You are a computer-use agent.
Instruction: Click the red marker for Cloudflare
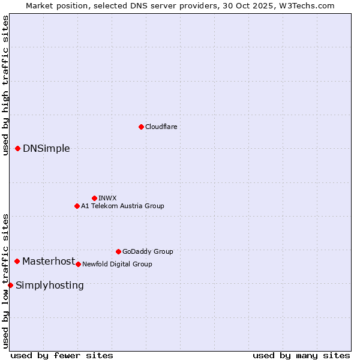[141, 127]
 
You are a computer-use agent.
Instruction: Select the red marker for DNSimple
[17, 148]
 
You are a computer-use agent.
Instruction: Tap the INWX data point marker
[94, 198]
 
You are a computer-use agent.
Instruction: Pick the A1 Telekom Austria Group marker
[77, 206]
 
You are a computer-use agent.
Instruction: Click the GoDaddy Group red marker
[118, 251]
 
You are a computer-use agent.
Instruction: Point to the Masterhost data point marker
[17, 261]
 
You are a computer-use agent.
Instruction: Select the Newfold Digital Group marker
[78, 264]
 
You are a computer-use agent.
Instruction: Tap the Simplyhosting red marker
[10, 285]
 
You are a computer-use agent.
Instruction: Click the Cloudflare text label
[161, 127]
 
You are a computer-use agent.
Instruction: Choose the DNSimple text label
[46, 149]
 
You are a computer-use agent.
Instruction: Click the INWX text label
[107, 198]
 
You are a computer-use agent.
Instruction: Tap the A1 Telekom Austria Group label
[122, 206]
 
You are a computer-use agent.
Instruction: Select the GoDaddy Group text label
[148, 251]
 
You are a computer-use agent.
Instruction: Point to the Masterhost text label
[49, 261]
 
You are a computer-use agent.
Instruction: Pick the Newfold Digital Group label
[117, 264]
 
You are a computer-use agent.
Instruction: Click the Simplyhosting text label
[50, 286]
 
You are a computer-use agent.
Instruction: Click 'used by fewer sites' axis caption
[62, 355]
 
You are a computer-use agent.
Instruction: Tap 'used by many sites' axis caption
[301, 355]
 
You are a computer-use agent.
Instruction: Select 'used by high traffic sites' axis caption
[5, 85]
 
